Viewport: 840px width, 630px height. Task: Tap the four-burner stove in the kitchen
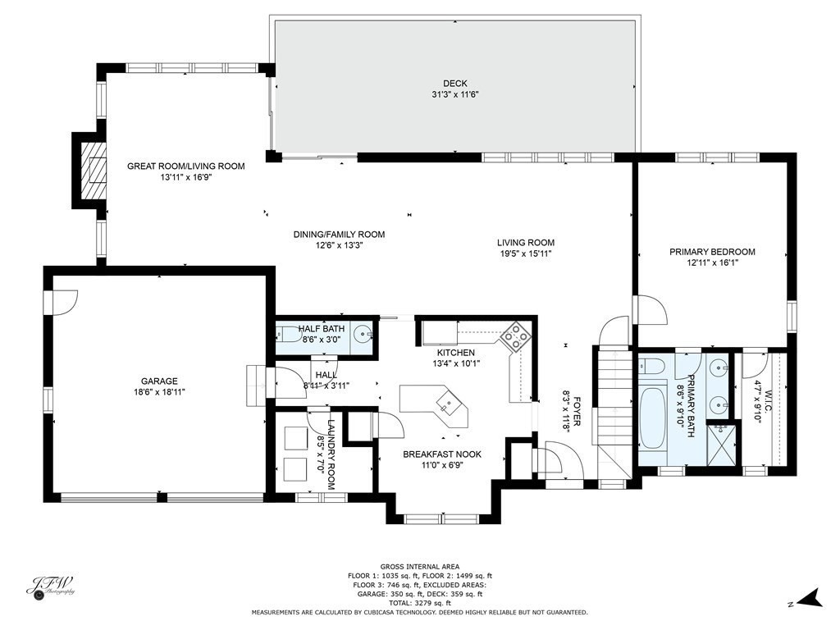click(x=514, y=336)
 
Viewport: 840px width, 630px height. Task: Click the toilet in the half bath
click(x=287, y=335)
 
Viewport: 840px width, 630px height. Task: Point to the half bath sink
click(x=362, y=335)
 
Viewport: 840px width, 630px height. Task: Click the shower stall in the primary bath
click(x=722, y=443)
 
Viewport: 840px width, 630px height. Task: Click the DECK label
click(x=454, y=83)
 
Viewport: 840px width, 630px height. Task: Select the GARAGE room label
click(x=159, y=381)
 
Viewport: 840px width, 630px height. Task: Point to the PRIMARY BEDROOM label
click(x=712, y=252)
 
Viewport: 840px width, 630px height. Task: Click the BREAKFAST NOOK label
click(x=441, y=454)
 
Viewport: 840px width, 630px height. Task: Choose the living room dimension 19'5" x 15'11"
click(x=525, y=254)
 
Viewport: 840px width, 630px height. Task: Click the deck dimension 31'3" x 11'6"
click(x=454, y=94)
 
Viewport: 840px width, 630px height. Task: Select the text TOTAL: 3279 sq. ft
click(x=419, y=603)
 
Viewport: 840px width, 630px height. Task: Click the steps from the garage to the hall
click(x=256, y=386)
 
